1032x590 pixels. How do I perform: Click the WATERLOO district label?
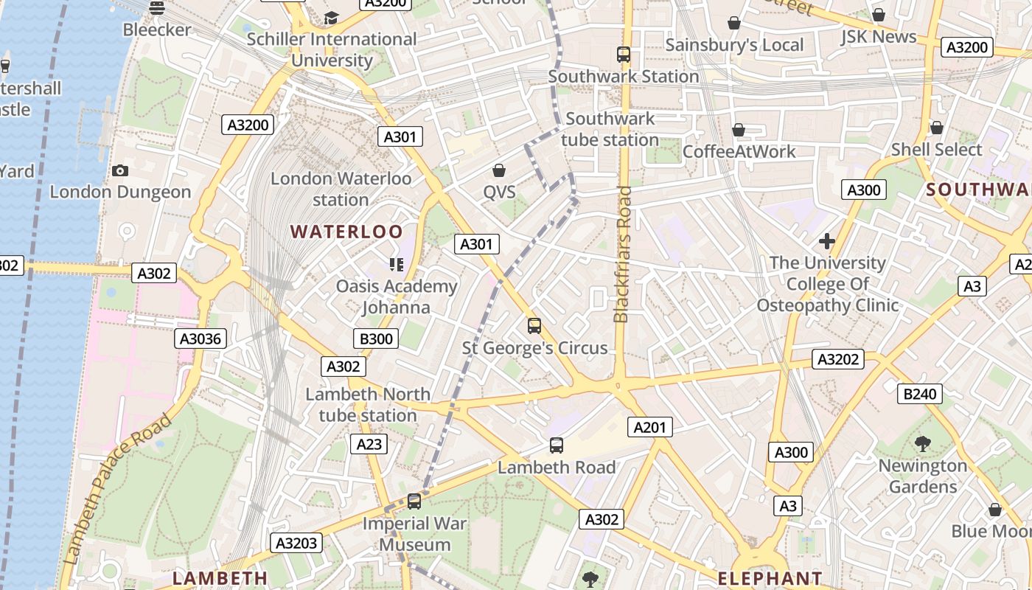tap(346, 232)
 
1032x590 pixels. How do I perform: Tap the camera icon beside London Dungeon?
tap(120, 171)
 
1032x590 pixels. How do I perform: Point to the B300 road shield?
tap(376, 339)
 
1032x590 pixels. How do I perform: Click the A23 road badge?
tap(369, 444)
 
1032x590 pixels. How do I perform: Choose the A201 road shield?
tap(650, 427)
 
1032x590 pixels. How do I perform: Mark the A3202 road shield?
tap(838, 359)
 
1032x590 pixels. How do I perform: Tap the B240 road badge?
tap(920, 394)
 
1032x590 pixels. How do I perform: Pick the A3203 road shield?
tap(296, 544)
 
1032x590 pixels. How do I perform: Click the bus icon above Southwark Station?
tap(624, 54)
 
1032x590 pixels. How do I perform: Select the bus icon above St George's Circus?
tap(534, 325)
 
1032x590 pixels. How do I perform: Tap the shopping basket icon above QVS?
tap(499, 171)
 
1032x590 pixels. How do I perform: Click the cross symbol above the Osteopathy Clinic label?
tap(827, 241)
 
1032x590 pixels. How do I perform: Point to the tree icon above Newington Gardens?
tap(922, 443)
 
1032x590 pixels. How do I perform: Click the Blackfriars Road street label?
tap(622, 254)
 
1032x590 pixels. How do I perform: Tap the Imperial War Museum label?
tap(415, 535)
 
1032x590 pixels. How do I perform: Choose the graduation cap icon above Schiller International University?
tap(332, 18)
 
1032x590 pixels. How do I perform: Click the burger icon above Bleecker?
tap(156, 8)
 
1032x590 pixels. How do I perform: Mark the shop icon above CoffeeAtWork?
tap(739, 131)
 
